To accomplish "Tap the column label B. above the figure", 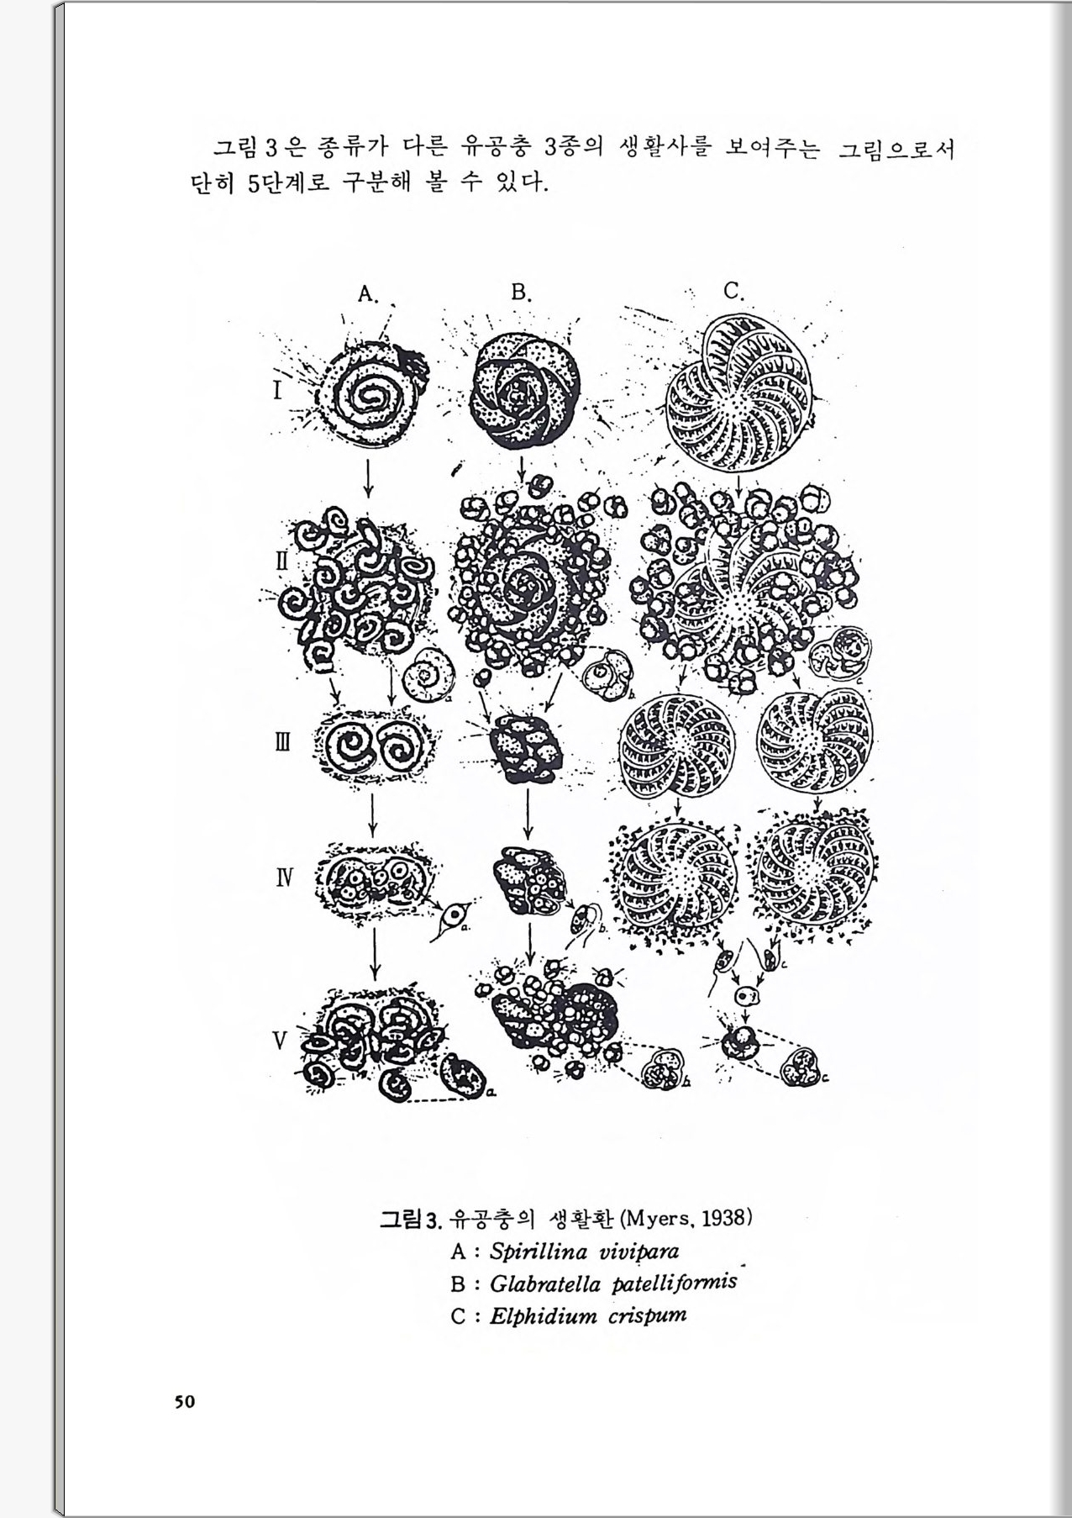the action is (522, 293).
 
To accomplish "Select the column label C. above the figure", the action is (734, 291).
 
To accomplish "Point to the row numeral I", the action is (277, 391).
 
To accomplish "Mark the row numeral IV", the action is (285, 879).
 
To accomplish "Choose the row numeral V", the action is (280, 1041).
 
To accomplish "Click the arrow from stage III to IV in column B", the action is (528, 813).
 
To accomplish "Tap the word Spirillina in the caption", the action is (539, 1252).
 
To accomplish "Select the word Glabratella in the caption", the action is (545, 1284).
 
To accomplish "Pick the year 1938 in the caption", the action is (723, 1218).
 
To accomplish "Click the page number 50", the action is (185, 1401).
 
